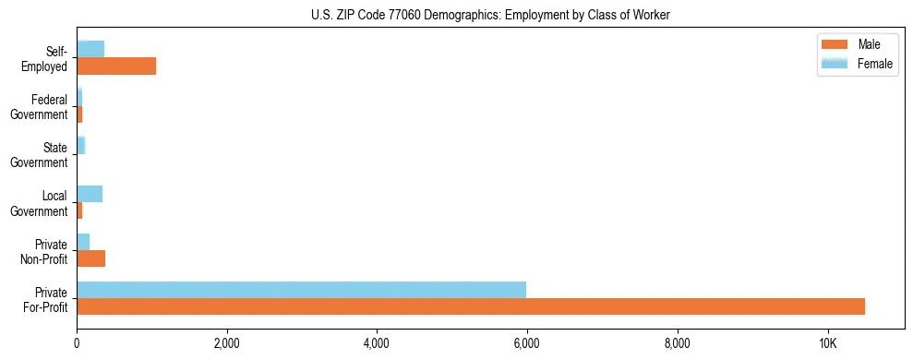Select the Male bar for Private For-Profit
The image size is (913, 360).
[x=471, y=306]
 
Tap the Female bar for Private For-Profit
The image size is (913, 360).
[x=301, y=289]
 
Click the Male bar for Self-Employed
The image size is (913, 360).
[x=116, y=66]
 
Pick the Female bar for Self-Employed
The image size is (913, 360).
[x=90, y=49]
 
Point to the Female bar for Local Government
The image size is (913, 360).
[x=90, y=194]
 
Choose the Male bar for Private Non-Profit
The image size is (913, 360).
[x=90, y=258]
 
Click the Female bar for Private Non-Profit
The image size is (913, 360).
[x=83, y=242]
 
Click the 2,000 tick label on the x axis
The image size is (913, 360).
[x=227, y=343]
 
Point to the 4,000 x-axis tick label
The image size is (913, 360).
[x=377, y=343]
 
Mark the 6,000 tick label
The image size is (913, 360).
[x=527, y=343]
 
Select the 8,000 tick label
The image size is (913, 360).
[x=678, y=343]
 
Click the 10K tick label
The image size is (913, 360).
[x=827, y=343]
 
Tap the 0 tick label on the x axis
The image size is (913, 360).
[x=77, y=343]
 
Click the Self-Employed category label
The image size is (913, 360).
[x=45, y=57]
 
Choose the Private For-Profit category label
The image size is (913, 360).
[x=44, y=299]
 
